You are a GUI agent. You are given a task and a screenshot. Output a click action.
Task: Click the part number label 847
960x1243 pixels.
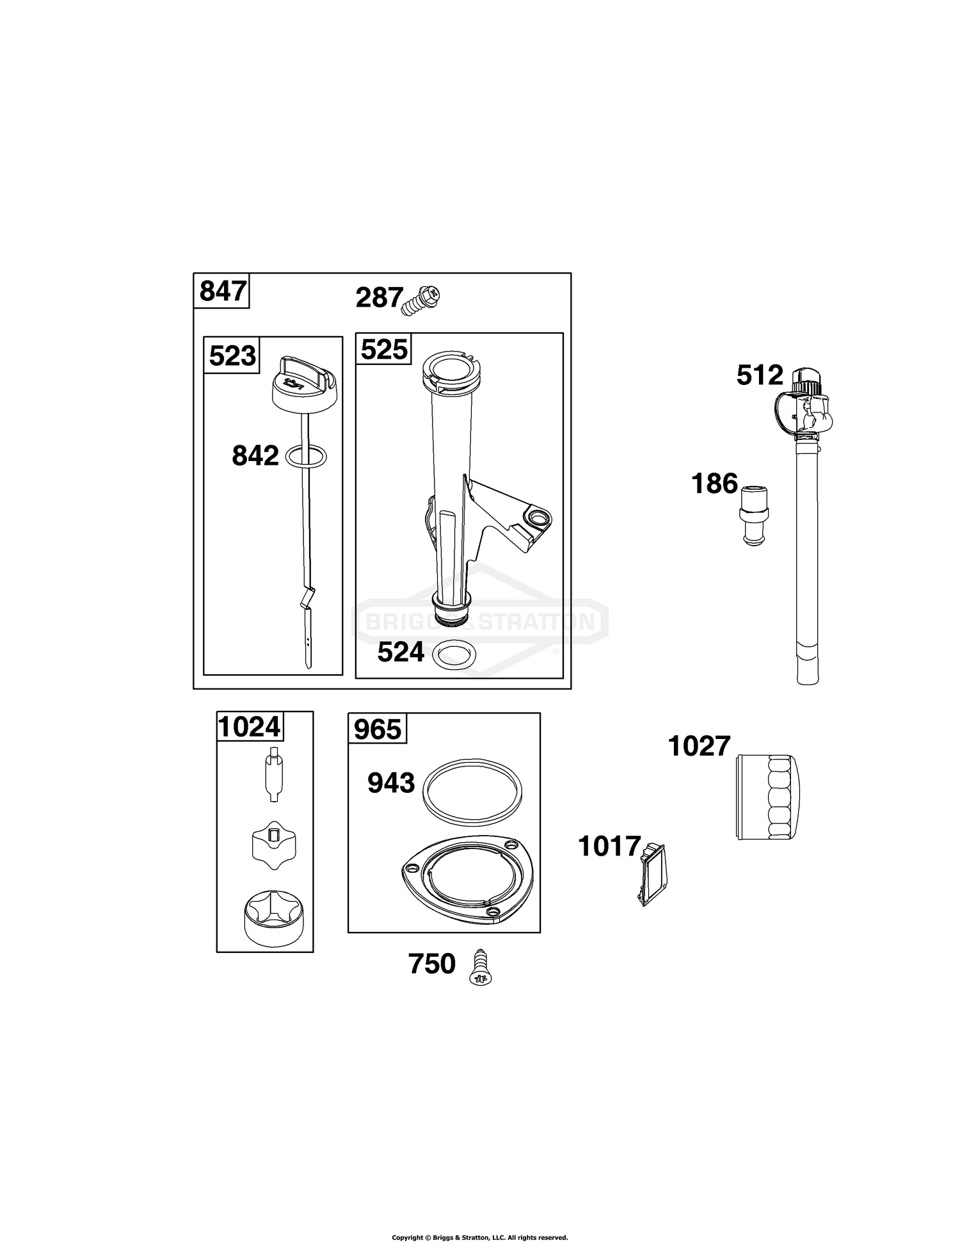tap(222, 291)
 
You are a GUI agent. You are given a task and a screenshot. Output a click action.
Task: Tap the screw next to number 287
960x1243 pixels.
tap(422, 300)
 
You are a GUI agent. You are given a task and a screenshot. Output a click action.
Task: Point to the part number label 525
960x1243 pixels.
tap(384, 350)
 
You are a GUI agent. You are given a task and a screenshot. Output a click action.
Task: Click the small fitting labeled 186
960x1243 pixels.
tap(755, 516)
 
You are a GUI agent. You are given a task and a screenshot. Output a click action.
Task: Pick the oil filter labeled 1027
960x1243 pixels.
tap(768, 796)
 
